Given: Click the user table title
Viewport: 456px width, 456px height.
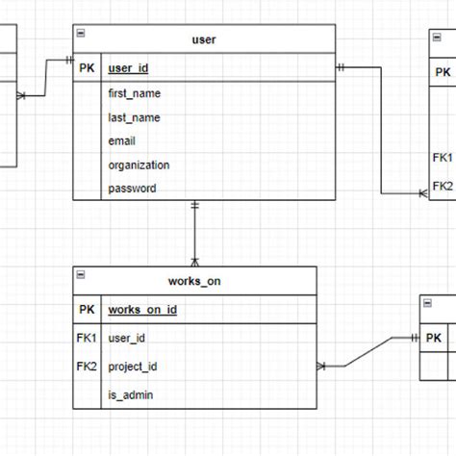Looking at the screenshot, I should tap(204, 39).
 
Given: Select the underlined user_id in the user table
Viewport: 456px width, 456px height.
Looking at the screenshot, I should tap(128, 68).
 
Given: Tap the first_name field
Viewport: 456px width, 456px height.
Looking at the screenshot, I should tap(135, 93).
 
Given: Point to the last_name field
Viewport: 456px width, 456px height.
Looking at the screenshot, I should tap(134, 117).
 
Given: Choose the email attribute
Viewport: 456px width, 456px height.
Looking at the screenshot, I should tap(123, 141).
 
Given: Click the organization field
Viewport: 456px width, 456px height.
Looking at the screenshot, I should tap(139, 165).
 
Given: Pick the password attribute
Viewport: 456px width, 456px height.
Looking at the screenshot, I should tap(132, 189).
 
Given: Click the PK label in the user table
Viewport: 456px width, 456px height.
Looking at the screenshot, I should tap(87, 68).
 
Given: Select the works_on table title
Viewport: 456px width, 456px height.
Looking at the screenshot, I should tap(194, 281).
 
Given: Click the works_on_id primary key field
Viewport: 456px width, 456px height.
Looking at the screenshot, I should tap(142, 310).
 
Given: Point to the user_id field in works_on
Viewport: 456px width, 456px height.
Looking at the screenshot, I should tap(127, 339).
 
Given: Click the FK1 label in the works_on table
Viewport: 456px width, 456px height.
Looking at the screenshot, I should tap(87, 339).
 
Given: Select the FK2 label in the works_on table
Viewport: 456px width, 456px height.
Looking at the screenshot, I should tap(87, 367).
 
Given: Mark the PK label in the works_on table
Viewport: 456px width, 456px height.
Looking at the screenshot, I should tap(87, 310).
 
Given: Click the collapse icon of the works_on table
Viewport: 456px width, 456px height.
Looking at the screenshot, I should tap(80, 275).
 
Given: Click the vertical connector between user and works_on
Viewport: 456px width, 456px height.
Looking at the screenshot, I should tap(195, 233).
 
